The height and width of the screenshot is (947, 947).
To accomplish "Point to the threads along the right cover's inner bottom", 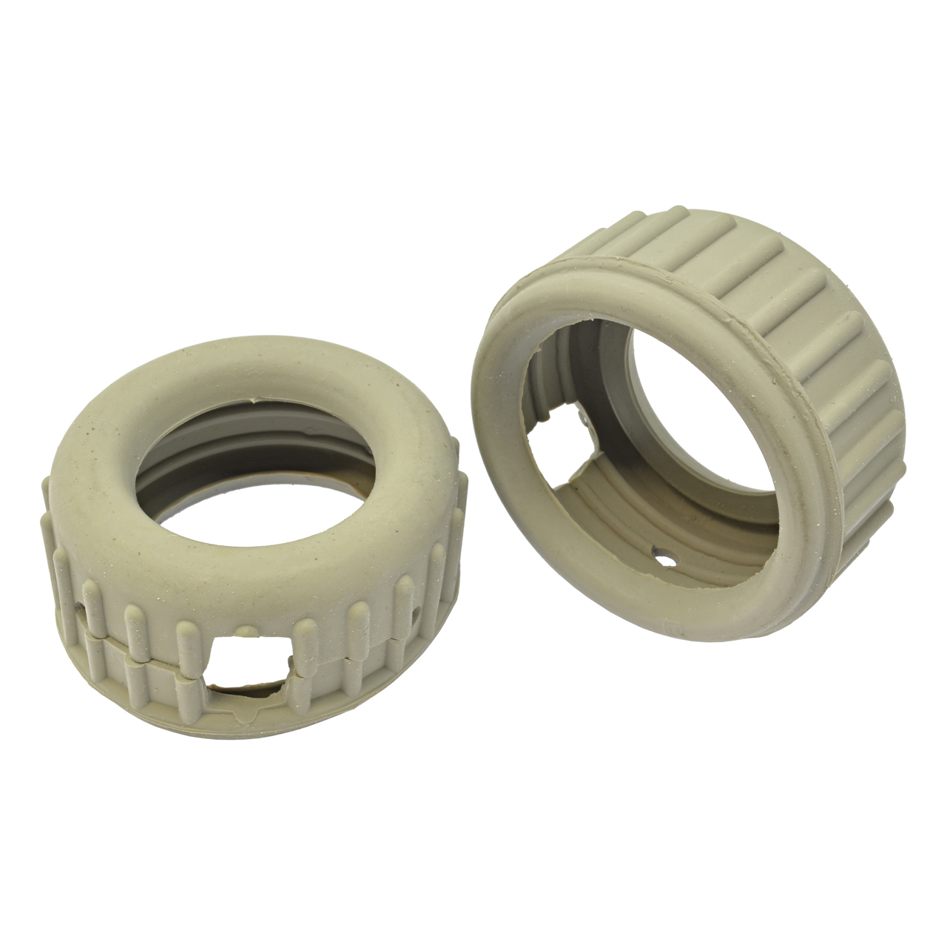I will [651, 518].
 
